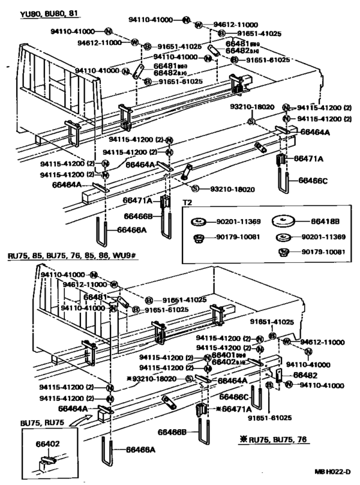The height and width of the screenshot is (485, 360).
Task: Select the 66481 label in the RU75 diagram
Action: [x=95, y=297]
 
